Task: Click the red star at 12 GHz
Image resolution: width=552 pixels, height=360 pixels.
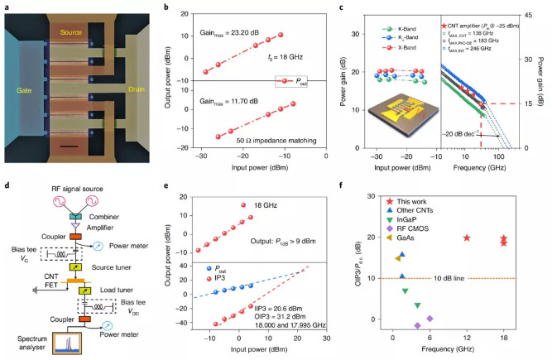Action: [467, 238]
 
